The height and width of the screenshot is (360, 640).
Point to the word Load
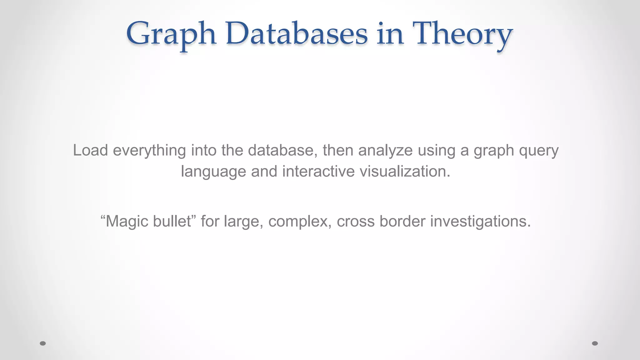(x=90, y=150)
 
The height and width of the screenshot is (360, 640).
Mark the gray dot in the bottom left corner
(x=43, y=343)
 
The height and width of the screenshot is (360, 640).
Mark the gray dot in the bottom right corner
(x=595, y=343)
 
